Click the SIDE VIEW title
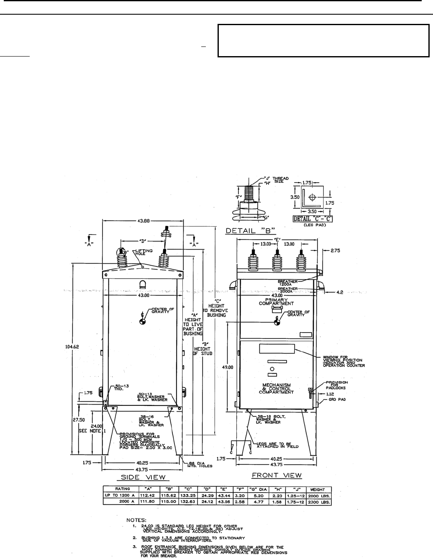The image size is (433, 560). [143, 477]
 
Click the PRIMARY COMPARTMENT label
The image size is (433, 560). [276, 301]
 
